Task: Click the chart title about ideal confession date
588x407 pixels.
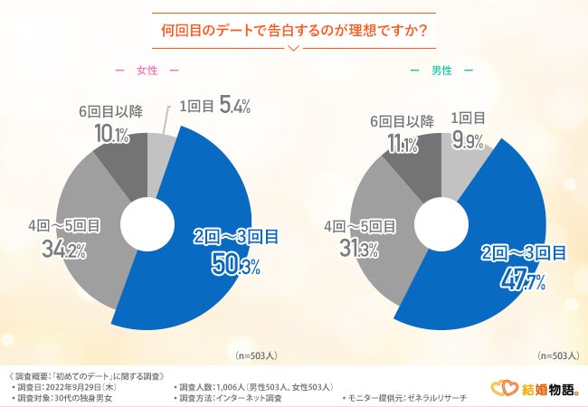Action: coord(293,29)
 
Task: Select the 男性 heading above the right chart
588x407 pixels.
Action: coord(441,71)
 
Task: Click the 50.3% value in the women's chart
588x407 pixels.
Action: coord(237,265)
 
